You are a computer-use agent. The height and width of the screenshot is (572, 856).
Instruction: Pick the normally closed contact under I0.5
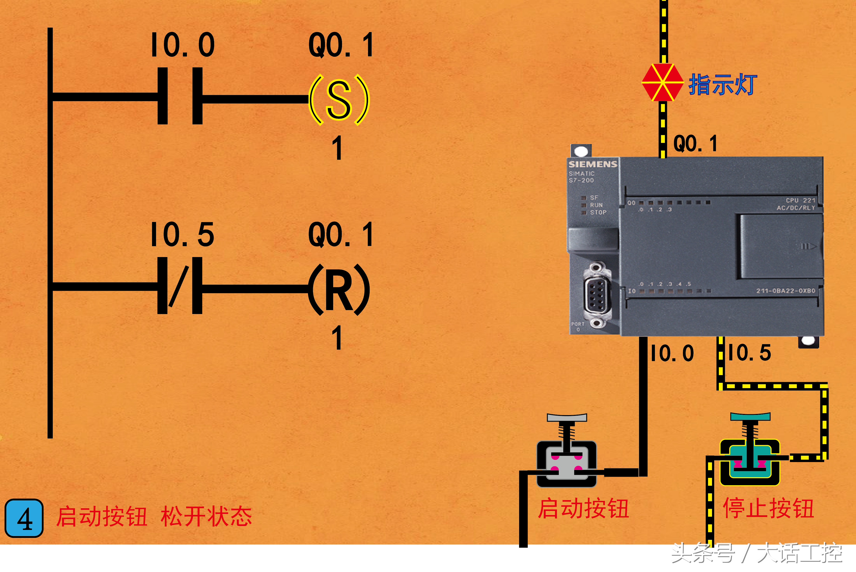pyautogui.click(x=180, y=286)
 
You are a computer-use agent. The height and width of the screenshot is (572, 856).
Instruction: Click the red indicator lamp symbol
pyautogui.click(x=662, y=83)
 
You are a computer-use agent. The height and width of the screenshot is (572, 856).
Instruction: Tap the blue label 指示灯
pyautogui.click(x=723, y=85)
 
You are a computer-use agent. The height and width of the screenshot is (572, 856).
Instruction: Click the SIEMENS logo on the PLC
pyautogui.click(x=593, y=164)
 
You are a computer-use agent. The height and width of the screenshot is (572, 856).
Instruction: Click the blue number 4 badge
pyautogui.click(x=24, y=518)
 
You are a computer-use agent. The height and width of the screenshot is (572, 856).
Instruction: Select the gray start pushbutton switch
pyautogui.click(x=566, y=456)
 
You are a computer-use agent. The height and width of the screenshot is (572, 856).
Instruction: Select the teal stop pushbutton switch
pyautogui.click(x=750, y=456)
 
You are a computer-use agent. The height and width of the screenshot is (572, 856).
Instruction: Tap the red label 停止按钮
pyautogui.click(x=768, y=508)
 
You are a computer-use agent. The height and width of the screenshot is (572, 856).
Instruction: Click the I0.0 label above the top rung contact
pyautogui.click(x=183, y=45)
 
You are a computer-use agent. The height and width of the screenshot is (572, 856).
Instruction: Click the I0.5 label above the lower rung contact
pyautogui.click(x=182, y=235)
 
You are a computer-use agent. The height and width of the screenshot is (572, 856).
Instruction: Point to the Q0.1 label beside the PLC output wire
pyautogui.click(x=695, y=143)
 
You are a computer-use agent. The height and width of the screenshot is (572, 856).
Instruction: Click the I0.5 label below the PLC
pyautogui.click(x=750, y=353)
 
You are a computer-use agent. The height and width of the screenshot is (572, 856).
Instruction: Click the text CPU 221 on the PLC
pyautogui.click(x=800, y=200)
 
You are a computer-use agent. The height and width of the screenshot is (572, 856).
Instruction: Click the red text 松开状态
pyautogui.click(x=206, y=516)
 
